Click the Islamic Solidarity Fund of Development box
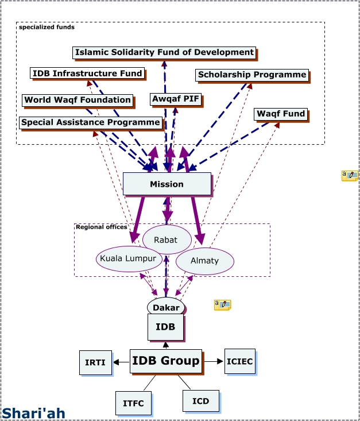pyautogui.click(x=164, y=52)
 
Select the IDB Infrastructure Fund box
pyautogui.click(x=87, y=74)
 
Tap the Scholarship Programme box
pyautogui.click(x=252, y=75)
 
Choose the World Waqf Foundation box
pyautogui.click(x=78, y=100)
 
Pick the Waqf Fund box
pyautogui.click(x=281, y=114)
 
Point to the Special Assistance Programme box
pyautogui.click(x=90, y=122)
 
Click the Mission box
pyautogui.click(x=167, y=184)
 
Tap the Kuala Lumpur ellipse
pyautogui.click(x=127, y=258)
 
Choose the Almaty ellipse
pyautogui.click(x=204, y=261)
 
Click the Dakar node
pyautogui.click(x=166, y=307)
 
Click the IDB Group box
pyautogui.click(x=165, y=361)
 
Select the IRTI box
pyautogui.click(x=95, y=362)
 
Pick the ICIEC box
pyautogui.click(x=239, y=361)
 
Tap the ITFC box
pyautogui.click(x=133, y=403)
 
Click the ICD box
pyautogui.click(x=200, y=400)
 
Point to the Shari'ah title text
pyautogui.click(x=33, y=413)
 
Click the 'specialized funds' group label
pyautogui.click(x=47, y=27)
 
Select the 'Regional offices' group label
pyautogui.click(x=101, y=227)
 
